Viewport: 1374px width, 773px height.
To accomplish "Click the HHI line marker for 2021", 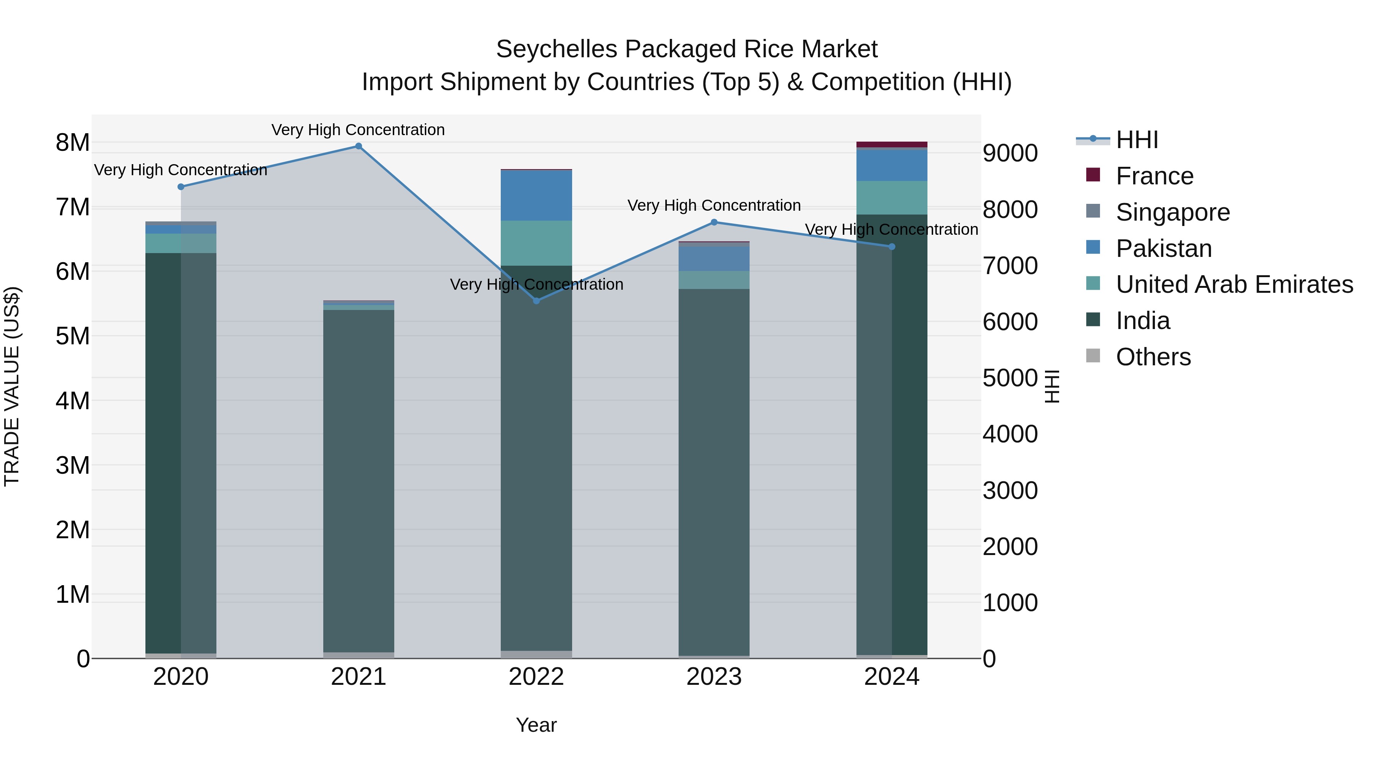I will click(x=358, y=146).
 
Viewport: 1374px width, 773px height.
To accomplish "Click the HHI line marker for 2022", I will click(x=537, y=301).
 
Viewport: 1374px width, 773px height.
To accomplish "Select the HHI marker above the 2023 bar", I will click(x=714, y=222).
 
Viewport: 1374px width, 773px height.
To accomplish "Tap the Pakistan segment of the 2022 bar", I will click(x=537, y=195).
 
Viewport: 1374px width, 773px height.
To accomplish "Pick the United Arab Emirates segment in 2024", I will click(x=892, y=198).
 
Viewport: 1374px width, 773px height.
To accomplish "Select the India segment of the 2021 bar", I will click(x=358, y=480).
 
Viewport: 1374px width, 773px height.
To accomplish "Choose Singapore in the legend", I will click(x=1172, y=212).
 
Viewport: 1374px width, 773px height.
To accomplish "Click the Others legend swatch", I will click(x=1093, y=356).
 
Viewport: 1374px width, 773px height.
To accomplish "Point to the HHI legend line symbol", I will click(x=1093, y=139).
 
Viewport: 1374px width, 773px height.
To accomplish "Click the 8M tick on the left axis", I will click(x=73, y=142).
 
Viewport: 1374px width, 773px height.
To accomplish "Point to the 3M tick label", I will click(x=73, y=465).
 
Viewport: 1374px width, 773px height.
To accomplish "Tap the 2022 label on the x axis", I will click(x=537, y=677).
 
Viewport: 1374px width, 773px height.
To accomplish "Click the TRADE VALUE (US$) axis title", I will click(x=12, y=386).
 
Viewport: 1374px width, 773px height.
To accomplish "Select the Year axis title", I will click(x=536, y=725).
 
